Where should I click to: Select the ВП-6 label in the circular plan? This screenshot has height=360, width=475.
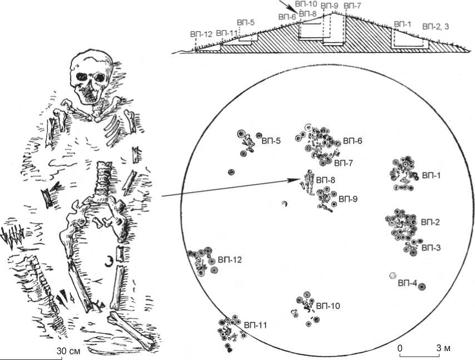[353, 141]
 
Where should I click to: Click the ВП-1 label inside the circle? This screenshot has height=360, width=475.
[432, 175]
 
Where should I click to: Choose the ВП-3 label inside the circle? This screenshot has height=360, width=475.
[431, 246]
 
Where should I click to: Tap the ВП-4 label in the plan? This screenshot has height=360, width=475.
[407, 283]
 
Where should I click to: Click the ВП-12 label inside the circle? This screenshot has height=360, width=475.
[229, 259]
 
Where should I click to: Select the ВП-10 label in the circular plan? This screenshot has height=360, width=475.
[328, 306]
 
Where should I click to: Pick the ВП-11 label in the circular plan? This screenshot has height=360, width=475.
[254, 324]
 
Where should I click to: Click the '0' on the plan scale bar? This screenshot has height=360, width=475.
[400, 347]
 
